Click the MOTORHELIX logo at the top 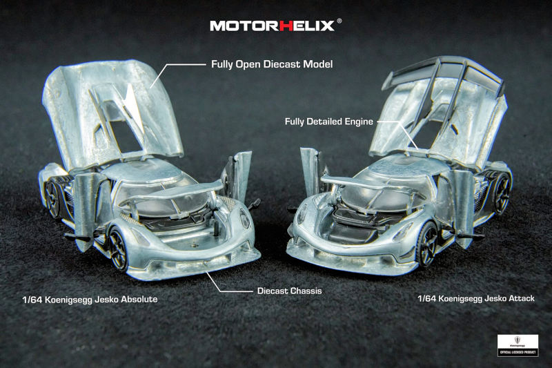[x=273, y=26]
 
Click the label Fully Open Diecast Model [x=271, y=65]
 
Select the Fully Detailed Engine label [x=328, y=122]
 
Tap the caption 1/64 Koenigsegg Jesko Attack [x=476, y=299]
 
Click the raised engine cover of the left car [x=110, y=104]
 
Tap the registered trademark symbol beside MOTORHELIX [x=339, y=21]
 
